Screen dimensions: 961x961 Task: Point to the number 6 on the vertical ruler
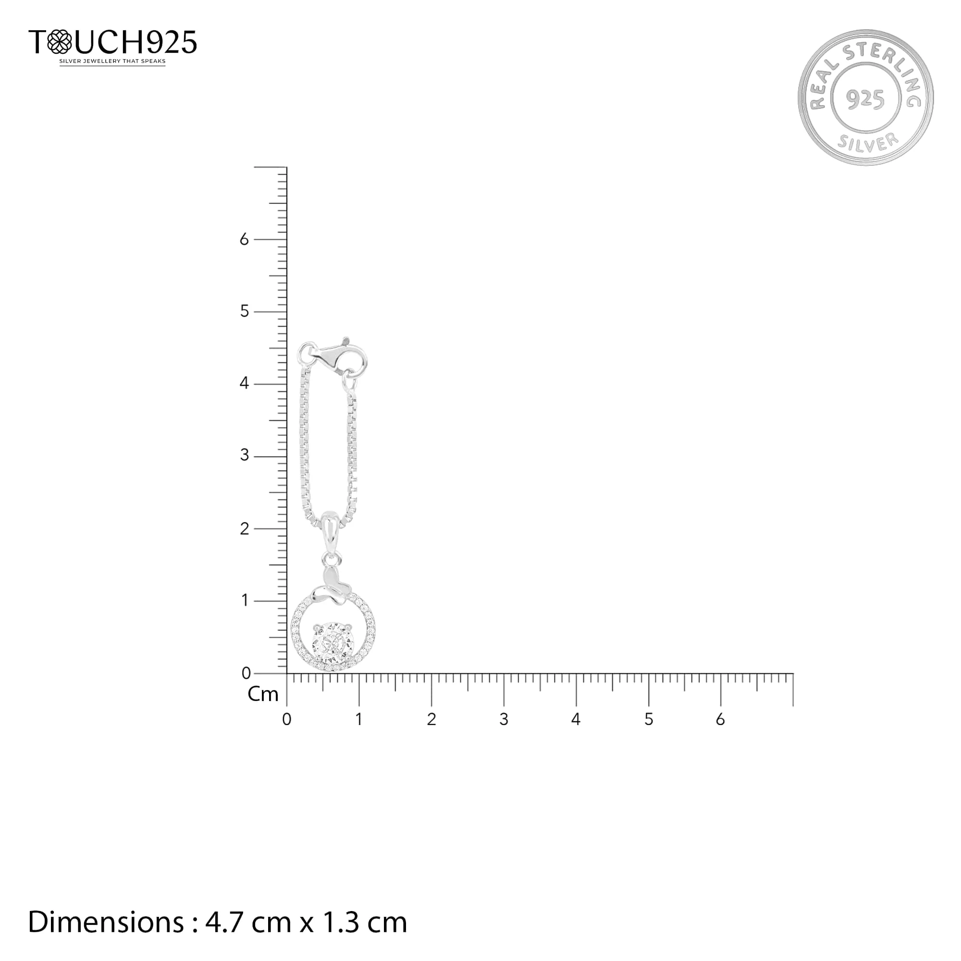[244, 240]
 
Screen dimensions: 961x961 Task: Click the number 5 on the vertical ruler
[244, 311]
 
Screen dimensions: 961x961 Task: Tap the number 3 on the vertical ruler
[244, 456]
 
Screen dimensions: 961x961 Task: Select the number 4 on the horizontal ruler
[576, 720]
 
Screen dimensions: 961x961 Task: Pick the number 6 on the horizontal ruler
[720, 720]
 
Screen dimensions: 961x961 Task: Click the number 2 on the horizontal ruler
[431, 720]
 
